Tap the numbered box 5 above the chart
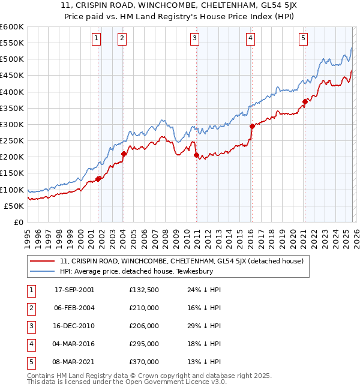(303, 38)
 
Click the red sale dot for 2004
(124, 154)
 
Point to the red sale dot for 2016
(252, 126)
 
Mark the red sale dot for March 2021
(305, 101)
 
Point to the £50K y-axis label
(14, 206)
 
